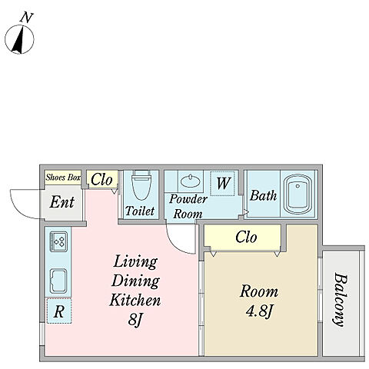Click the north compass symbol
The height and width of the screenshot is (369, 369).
click(19, 39)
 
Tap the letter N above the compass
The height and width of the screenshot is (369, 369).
click(27, 18)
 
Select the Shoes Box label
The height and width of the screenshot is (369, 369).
click(63, 178)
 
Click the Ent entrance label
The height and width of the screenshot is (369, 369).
click(62, 202)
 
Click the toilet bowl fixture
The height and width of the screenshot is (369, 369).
click(141, 184)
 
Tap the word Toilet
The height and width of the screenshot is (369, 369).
click(140, 211)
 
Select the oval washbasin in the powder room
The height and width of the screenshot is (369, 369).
click(191, 181)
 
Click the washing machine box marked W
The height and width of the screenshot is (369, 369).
click(222, 184)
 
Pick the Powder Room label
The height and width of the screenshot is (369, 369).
click(188, 206)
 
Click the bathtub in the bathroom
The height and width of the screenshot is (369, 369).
click(298, 194)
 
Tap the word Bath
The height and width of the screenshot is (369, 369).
click(263, 196)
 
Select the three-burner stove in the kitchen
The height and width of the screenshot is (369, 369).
click(58, 241)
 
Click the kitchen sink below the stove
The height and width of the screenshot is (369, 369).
click(58, 281)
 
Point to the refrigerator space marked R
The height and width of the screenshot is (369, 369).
click(59, 311)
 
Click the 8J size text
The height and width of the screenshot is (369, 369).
click(135, 319)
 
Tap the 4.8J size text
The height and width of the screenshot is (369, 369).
click(258, 311)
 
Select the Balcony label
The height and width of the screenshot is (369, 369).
click(341, 300)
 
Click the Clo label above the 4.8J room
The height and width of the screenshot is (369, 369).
click(246, 238)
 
